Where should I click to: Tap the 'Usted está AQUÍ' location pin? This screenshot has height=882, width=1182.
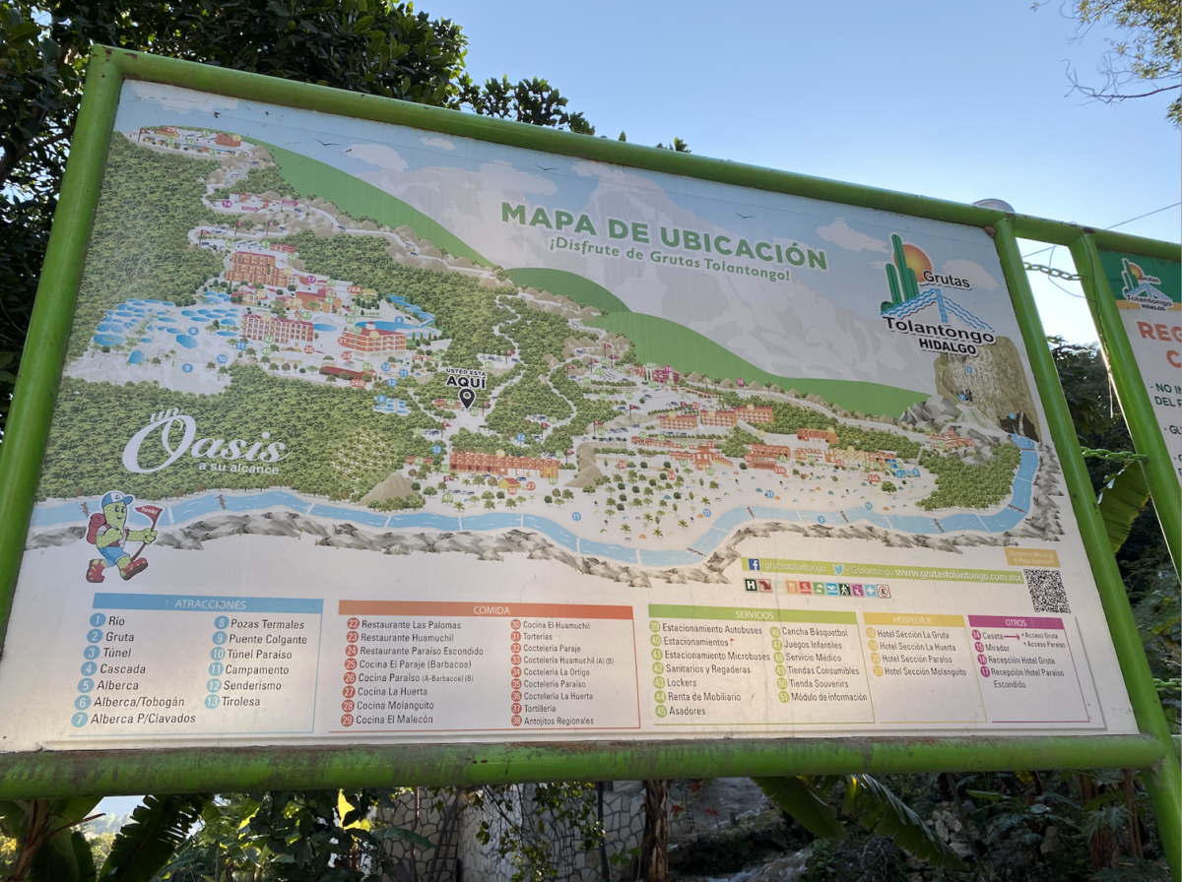466,398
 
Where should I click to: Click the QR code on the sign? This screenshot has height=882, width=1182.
1045,591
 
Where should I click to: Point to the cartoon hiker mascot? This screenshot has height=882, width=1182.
117,536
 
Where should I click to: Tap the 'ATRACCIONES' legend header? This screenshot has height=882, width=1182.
209,603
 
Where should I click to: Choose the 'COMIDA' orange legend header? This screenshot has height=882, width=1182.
486,610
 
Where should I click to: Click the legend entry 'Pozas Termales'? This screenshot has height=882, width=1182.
258,623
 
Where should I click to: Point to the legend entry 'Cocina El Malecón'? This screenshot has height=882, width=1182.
394,721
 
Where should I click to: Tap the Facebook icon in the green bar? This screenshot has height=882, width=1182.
754,565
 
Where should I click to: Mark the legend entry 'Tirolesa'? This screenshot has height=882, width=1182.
240,702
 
